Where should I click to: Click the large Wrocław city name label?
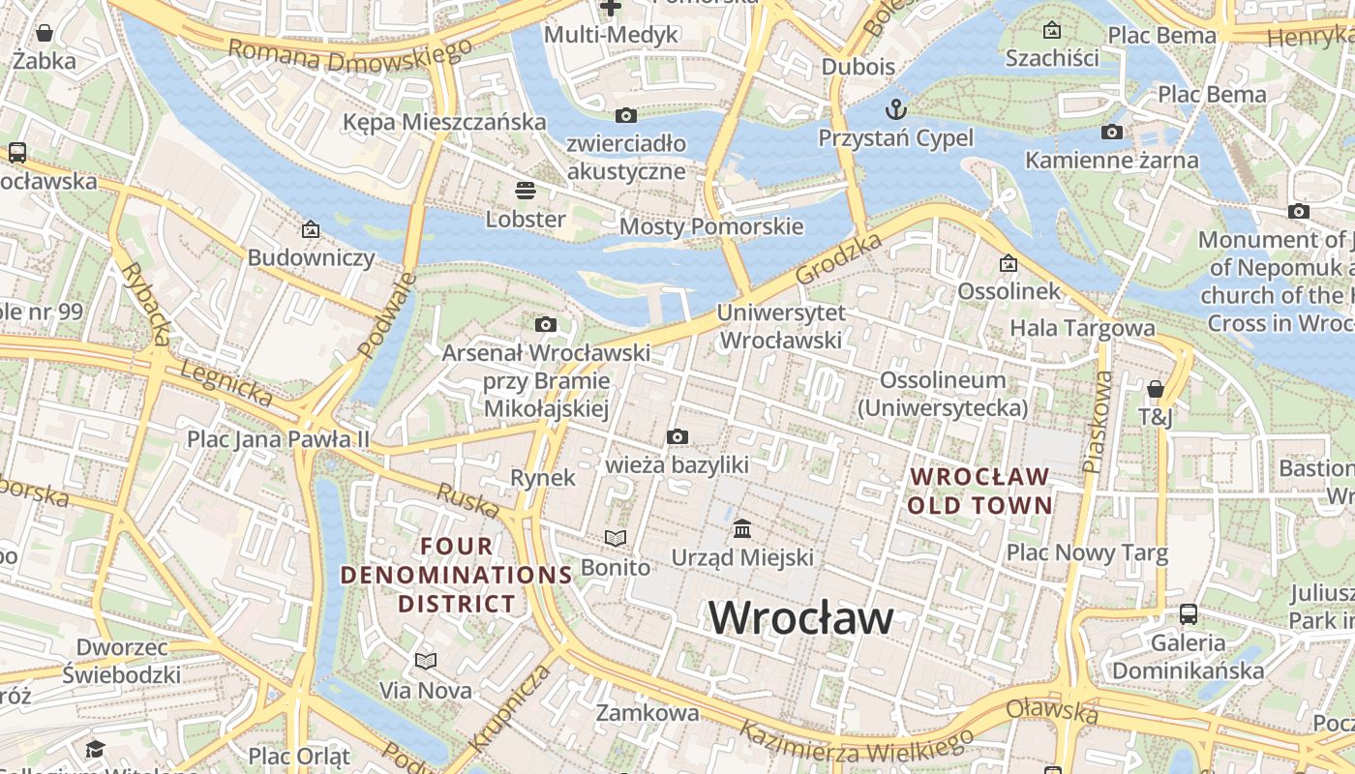[801, 618]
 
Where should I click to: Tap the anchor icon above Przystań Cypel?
[895, 107]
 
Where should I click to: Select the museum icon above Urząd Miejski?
[742, 528]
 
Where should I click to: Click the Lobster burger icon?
[526, 190]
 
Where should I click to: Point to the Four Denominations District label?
[457, 575]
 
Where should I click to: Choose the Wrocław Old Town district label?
[979, 491]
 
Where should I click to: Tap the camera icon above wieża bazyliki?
[677, 437]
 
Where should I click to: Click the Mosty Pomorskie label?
[711, 226]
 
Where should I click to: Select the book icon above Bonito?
[616, 538]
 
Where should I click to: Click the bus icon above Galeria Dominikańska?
[1188, 614]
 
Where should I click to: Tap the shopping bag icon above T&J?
[1155, 389]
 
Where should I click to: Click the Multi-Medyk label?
[611, 35]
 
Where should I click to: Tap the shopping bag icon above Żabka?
[44, 33]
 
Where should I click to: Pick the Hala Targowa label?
[1082, 328]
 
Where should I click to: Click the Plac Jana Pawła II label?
[279, 439]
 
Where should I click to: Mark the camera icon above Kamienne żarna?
[1112, 132]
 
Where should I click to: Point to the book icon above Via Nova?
[426, 662]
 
